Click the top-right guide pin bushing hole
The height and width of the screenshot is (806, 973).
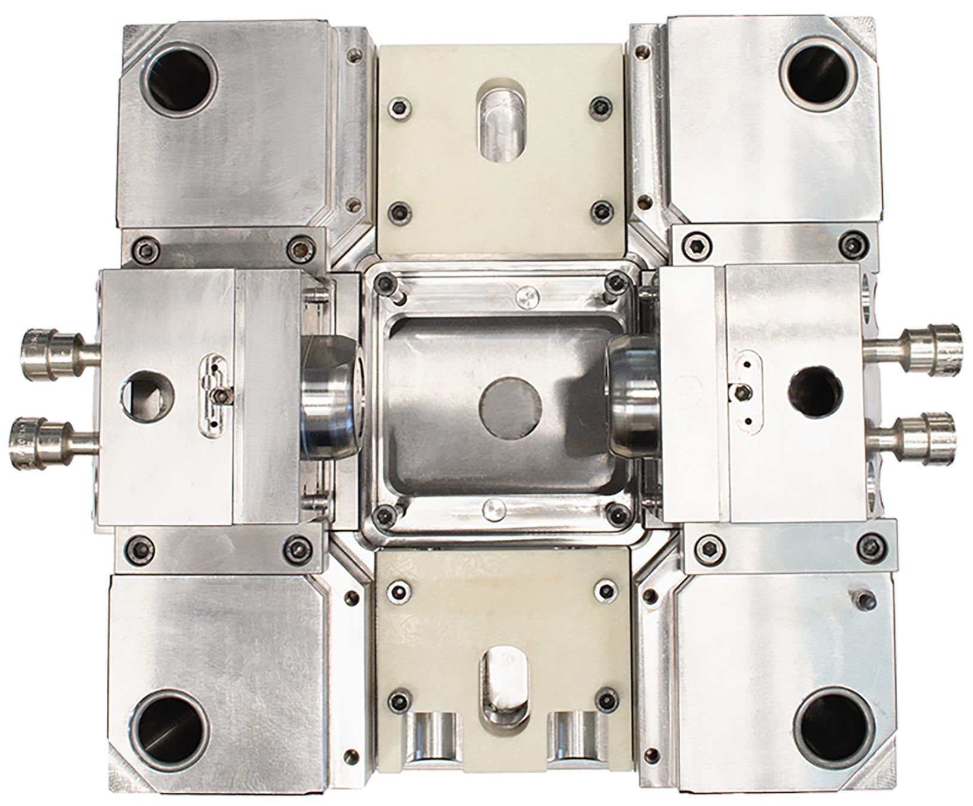point(818,75)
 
